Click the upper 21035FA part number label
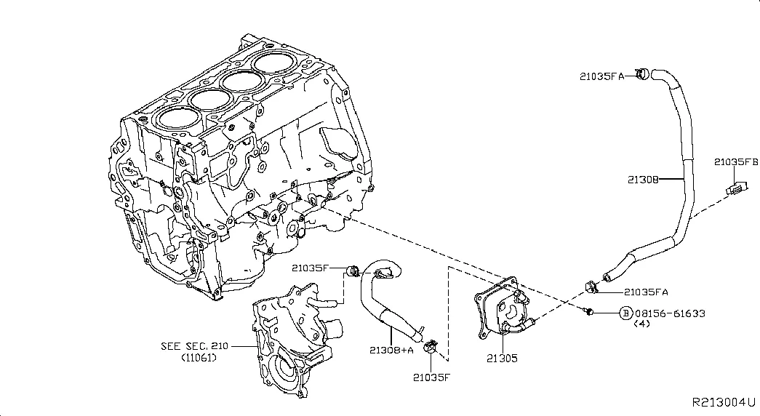click(602, 75)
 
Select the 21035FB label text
click(735, 161)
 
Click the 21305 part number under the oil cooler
click(502, 359)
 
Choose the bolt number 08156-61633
click(669, 313)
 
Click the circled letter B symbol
click(625, 313)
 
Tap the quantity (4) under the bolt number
click(641, 324)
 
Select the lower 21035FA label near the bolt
click(646, 292)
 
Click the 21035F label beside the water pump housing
click(312, 268)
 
